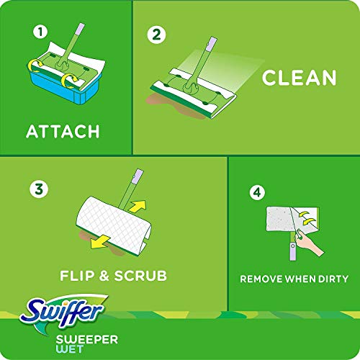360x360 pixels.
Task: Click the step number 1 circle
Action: coord(40,32)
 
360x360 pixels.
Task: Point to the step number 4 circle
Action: coord(256,192)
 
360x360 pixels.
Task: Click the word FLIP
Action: coord(78,275)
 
